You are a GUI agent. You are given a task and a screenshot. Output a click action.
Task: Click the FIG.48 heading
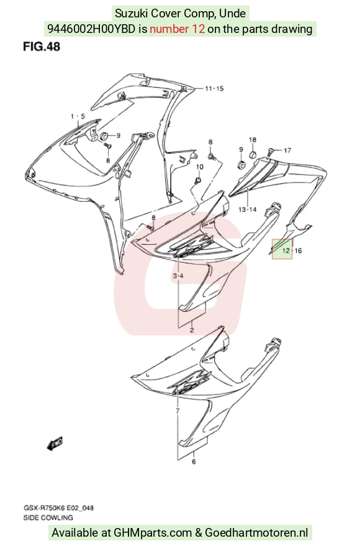click(x=42, y=47)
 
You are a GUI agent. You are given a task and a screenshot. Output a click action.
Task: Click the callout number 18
click(x=253, y=140)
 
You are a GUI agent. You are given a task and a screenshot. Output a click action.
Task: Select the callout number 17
click(x=287, y=150)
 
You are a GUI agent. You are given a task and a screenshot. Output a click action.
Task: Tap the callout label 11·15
click(x=214, y=88)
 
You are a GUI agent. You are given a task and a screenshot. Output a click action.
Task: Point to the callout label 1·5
click(x=78, y=116)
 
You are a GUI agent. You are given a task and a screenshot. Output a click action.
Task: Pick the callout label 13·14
click(x=247, y=209)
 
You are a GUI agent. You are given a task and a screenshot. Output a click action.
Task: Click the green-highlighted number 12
click(x=286, y=250)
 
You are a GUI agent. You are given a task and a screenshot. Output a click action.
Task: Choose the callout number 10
click(x=199, y=167)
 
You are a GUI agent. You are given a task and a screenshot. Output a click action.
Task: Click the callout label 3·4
click(x=178, y=276)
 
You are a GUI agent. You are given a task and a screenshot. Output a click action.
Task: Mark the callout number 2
click(x=192, y=330)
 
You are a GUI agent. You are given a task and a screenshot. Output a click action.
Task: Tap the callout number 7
click(x=178, y=411)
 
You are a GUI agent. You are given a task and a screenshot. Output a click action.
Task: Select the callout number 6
click(x=194, y=462)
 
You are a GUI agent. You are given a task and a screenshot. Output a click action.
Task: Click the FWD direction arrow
click(x=55, y=444)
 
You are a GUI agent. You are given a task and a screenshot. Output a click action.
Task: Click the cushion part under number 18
click(x=253, y=154)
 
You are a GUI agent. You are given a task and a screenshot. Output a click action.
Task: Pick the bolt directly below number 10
click(x=199, y=180)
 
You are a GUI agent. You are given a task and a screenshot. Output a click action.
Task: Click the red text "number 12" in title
click(x=177, y=29)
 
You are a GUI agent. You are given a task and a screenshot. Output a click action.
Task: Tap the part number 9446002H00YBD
click(x=91, y=29)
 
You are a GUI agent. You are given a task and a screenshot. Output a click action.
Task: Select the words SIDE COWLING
click(x=48, y=517)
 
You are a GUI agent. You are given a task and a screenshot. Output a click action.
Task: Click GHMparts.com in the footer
click(x=153, y=533)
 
